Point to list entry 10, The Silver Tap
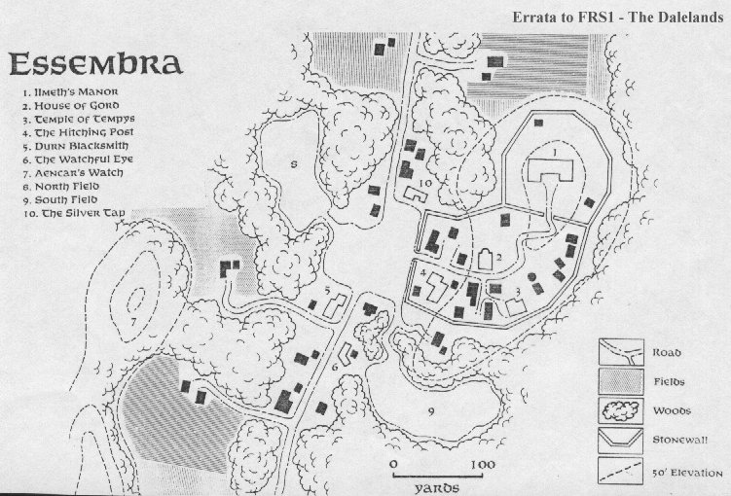pyautogui.click(x=74, y=211)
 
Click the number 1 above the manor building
pyautogui.click(x=553, y=153)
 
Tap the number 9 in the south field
pyautogui.click(x=429, y=411)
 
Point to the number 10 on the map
pyautogui.click(x=425, y=182)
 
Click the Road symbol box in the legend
pyautogui.click(x=618, y=353)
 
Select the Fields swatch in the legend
pyautogui.click(x=618, y=382)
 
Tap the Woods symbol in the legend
pyautogui.click(x=618, y=410)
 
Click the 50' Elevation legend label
pyautogui.click(x=686, y=472)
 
